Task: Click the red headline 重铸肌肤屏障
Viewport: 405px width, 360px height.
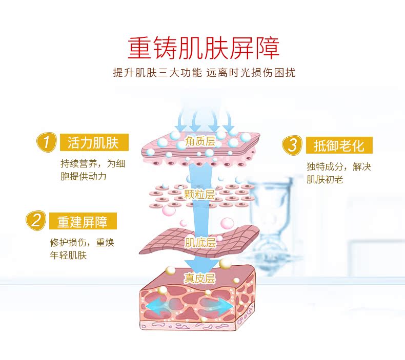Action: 204,48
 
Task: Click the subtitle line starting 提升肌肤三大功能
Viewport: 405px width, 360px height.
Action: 204,72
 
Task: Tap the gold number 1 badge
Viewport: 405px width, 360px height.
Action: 47,142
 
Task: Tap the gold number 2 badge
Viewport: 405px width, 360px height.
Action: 36,221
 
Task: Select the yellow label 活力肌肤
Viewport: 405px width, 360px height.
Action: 93,142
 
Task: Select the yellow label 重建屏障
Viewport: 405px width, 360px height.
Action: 83,221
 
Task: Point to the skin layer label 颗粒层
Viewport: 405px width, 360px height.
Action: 199,194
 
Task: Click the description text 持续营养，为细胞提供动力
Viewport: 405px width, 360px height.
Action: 92,171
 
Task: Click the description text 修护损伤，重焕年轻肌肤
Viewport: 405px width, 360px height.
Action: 82,249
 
